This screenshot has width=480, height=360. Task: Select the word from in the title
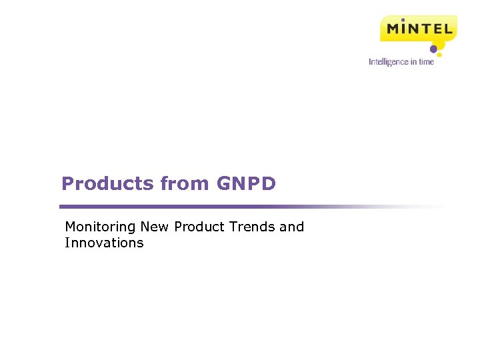click(x=185, y=184)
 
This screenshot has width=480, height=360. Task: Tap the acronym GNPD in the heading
click(x=246, y=184)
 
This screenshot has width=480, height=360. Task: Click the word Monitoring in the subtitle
click(x=101, y=227)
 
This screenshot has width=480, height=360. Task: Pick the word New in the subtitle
click(x=155, y=227)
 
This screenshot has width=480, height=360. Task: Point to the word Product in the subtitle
click(x=199, y=227)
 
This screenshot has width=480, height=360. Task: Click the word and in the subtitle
click(x=292, y=227)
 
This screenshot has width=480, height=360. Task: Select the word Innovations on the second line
click(x=104, y=243)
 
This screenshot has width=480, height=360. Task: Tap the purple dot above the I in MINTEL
click(x=403, y=20)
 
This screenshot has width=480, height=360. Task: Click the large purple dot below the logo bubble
click(x=433, y=49)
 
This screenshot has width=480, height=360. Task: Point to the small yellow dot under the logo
click(x=439, y=55)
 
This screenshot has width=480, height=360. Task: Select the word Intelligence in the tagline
click(x=388, y=62)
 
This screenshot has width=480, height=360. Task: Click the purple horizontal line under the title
click(x=200, y=207)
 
